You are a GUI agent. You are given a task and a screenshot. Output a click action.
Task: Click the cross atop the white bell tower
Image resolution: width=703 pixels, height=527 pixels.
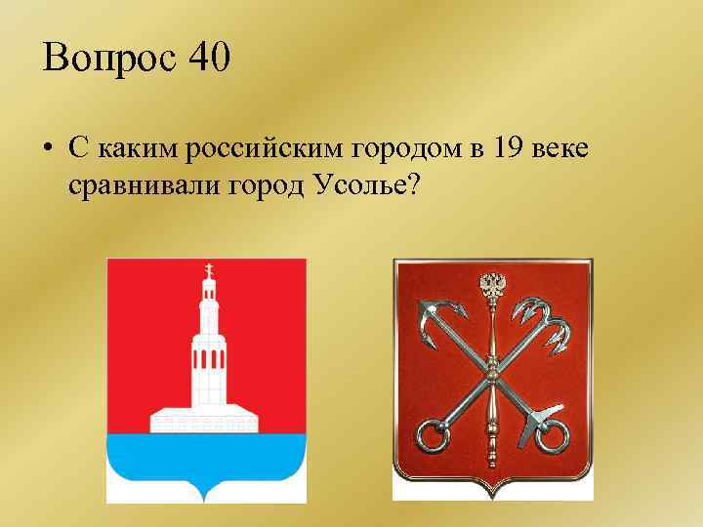(206, 268)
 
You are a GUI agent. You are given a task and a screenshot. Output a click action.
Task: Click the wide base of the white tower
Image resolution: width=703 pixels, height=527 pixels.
(206, 421)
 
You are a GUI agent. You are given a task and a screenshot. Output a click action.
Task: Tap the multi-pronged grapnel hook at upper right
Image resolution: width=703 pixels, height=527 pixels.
(552, 322)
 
